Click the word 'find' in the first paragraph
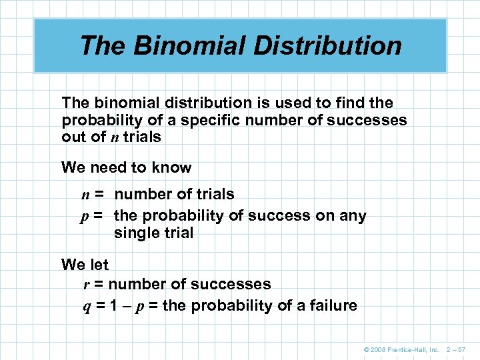(x=353, y=103)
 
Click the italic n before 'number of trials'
(x=86, y=195)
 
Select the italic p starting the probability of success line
(x=86, y=217)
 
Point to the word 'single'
(x=136, y=233)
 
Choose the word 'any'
(x=353, y=216)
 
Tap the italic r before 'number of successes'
(x=87, y=285)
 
